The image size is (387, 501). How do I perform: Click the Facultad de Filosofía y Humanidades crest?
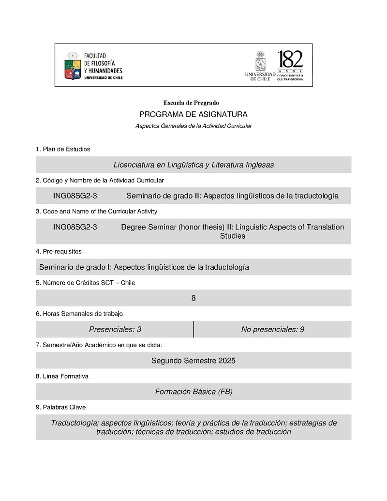tap(73, 66)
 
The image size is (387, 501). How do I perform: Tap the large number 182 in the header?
tap(290, 60)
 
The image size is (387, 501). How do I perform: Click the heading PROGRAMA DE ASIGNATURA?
tap(193, 115)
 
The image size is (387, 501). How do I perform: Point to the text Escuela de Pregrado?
tap(191, 103)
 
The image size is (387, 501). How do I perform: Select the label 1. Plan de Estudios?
tap(63, 149)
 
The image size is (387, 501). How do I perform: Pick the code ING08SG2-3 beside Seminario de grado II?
tap(75, 196)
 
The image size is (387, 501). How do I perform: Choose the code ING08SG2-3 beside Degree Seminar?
tap(75, 227)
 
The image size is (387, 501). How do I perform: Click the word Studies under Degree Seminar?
tap(232, 236)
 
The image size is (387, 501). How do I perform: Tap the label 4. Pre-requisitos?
tap(59, 252)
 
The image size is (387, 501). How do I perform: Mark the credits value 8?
tap(193, 299)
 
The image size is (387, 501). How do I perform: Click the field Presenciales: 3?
tap(115, 330)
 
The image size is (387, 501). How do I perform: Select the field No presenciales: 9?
tap(272, 330)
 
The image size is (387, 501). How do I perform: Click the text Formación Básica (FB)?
tap(193, 392)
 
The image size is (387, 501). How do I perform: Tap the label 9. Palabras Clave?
tap(60, 407)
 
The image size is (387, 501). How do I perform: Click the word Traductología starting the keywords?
tap(74, 423)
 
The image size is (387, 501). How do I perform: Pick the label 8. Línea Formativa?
tap(62, 376)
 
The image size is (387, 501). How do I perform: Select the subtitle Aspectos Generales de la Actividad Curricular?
tap(193, 126)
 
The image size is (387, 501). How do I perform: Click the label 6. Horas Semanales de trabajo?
tap(79, 314)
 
